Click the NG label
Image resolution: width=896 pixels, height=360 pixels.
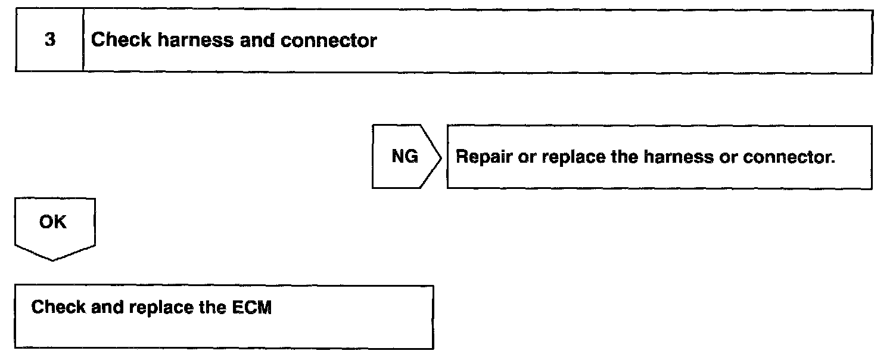[x=405, y=157]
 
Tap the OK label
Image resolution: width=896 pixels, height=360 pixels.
[x=53, y=223]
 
